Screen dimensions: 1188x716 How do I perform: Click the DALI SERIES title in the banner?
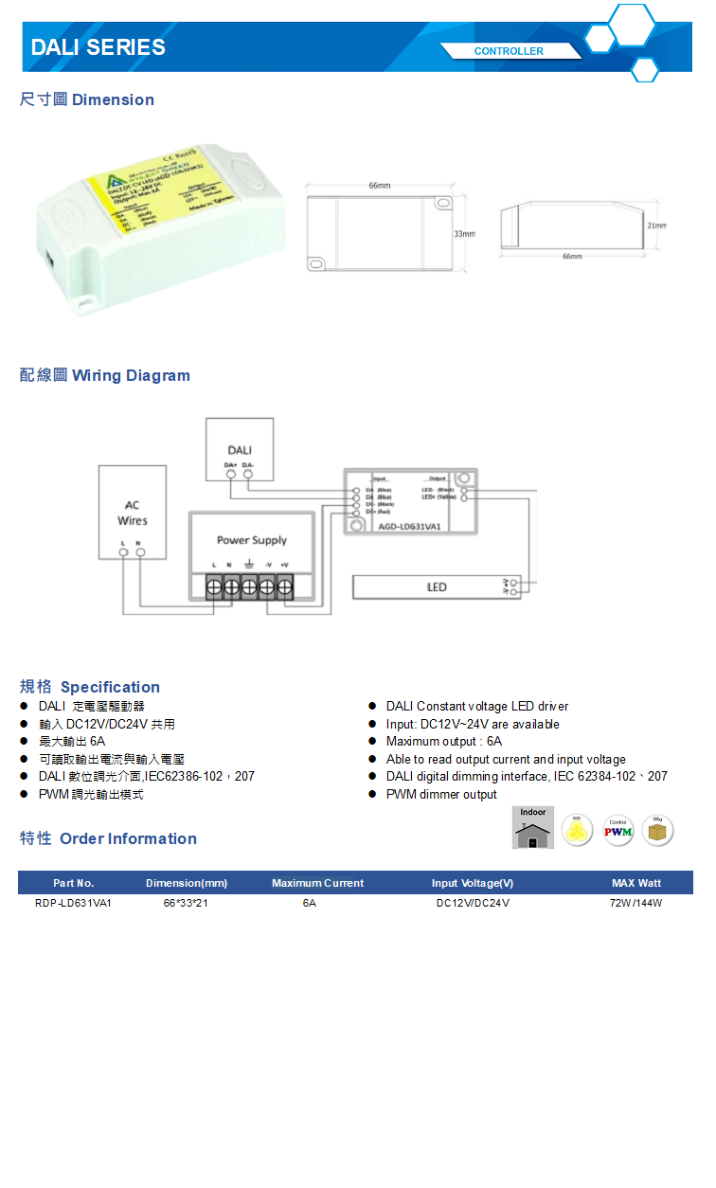(x=98, y=47)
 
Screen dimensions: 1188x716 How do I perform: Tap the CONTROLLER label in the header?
(x=509, y=51)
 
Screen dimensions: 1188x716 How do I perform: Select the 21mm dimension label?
(x=656, y=226)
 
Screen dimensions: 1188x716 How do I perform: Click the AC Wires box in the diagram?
(x=133, y=513)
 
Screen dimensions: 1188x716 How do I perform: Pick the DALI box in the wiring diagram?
(x=240, y=449)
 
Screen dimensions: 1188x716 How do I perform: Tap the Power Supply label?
(x=251, y=540)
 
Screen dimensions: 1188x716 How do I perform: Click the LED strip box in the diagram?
(x=436, y=587)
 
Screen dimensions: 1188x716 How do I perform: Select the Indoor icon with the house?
(x=533, y=828)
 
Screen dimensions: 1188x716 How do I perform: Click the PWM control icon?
(x=618, y=831)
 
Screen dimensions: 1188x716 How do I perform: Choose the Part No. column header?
(x=74, y=883)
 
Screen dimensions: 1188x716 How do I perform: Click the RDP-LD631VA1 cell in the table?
(x=74, y=903)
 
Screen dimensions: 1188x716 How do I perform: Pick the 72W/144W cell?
(x=635, y=903)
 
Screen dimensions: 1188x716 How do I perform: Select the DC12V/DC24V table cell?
(x=473, y=903)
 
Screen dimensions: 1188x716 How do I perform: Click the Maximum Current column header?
(x=317, y=883)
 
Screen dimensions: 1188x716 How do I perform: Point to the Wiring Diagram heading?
(x=105, y=376)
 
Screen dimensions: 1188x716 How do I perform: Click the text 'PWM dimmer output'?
(x=441, y=795)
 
